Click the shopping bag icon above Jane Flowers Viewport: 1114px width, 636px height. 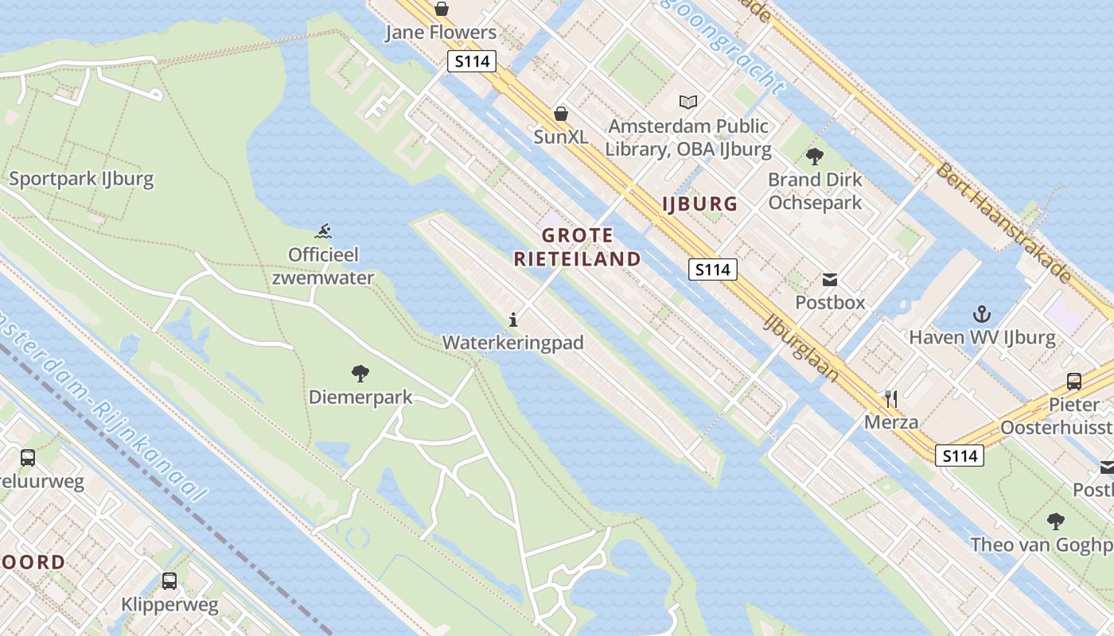pos(442,9)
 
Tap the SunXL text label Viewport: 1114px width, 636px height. pos(561,137)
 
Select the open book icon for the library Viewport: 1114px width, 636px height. pos(688,102)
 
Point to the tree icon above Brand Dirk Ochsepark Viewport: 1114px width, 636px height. pos(814,156)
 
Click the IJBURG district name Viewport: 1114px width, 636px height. pos(699,204)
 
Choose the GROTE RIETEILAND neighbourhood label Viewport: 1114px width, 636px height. pos(577,247)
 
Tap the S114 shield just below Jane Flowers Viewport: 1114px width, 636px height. pos(471,62)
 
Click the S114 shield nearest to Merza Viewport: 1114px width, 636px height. pos(959,456)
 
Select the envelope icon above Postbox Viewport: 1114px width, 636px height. pos(830,279)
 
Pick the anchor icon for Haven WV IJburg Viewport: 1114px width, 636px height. pos(982,314)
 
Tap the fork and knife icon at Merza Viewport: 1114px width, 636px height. pos(891,398)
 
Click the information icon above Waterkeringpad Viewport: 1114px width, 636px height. pos(513,320)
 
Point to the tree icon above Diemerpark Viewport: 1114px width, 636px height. pos(360,373)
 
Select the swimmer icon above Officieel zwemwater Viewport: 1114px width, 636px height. pos(323,232)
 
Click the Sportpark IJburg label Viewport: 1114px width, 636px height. pos(81,178)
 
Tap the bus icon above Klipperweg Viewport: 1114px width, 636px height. pos(169,581)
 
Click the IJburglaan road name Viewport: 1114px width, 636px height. pos(802,347)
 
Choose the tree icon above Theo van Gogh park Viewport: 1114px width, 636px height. pos(1056,522)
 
